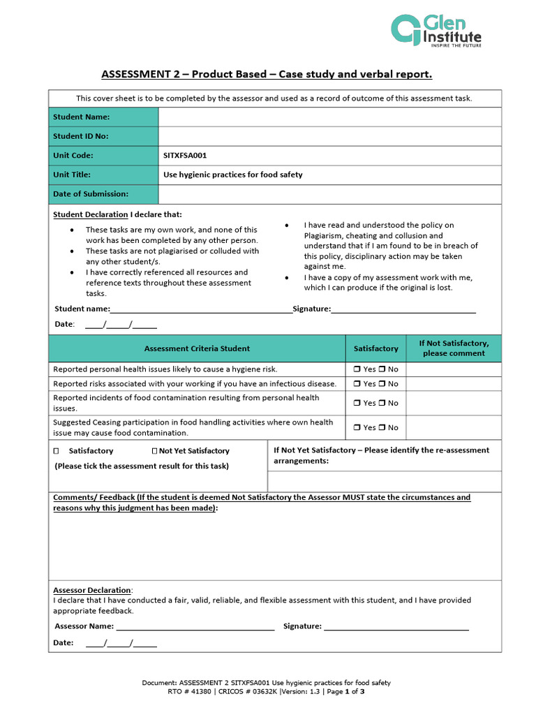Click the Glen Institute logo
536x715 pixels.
point(435,31)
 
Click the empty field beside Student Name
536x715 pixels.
point(329,117)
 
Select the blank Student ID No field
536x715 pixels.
point(329,136)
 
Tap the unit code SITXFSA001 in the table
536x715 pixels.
point(185,156)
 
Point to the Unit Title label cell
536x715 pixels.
point(103,175)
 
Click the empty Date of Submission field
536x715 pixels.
point(329,194)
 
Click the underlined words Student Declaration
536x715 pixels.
point(91,214)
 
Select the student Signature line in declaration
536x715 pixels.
point(403,309)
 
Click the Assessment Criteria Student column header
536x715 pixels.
point(197,348)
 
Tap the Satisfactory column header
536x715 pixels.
point(375,348)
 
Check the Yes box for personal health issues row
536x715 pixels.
point(357,369)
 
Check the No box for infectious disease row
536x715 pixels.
point(382,384)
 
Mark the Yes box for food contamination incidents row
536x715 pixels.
point(357,403)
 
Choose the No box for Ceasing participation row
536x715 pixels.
point(382,427)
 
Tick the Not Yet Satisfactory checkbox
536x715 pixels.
point(154,451)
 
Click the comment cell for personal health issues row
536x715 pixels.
point(453,369)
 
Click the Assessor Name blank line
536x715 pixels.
point(195,627)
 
